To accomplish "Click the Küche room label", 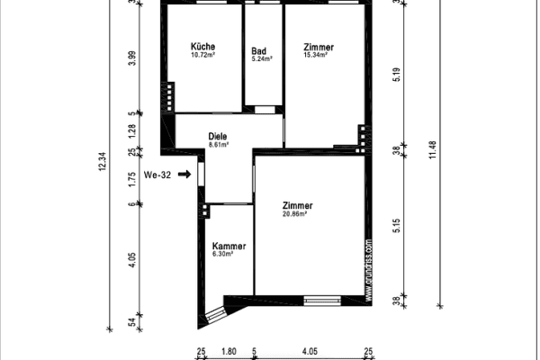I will click(x=202, y=47).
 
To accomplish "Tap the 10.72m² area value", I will click(x=202, y=55).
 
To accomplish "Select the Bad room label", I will click(x=258, y=51).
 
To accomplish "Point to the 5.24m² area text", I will click(x=261, y=58).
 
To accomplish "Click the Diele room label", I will click(x=218, y=136).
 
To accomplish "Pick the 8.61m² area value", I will click(x=219, y=144).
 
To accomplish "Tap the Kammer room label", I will click(x=229, y=246).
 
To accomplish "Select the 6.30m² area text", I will click(x=222, y=254).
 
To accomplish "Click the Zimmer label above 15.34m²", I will click(x=319, y=47).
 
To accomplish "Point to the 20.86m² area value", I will click(x=295, y=213).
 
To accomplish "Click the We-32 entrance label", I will click(x=157, y=175).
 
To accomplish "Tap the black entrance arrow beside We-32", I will click(x=184, y=175).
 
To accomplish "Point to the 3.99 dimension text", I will click(x=132, y=58).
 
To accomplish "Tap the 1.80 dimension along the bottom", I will click(x=229, y=351).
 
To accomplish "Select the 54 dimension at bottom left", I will click(x=132, y=320).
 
